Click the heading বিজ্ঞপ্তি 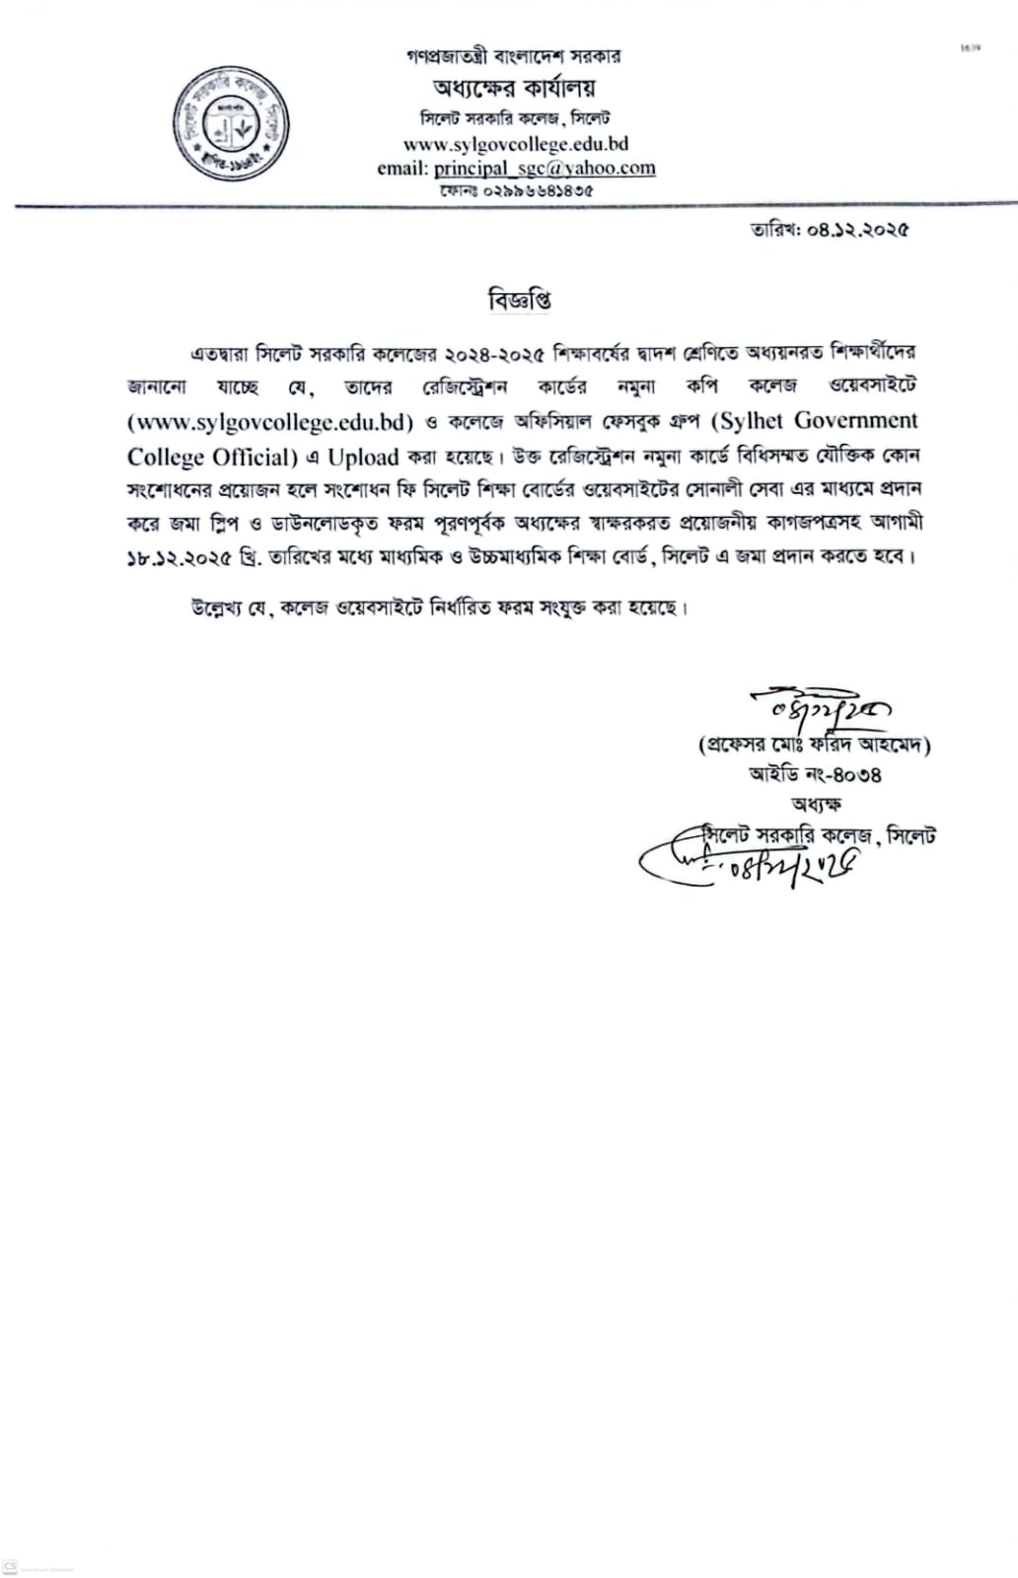coord(519,300)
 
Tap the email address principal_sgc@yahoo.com coord(545,168)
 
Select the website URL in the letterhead coord(516,144)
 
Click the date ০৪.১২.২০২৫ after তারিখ coord(857,231)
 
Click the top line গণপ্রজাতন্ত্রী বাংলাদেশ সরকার coord(514,56)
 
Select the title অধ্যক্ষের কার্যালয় coord(514,88)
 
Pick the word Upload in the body coord(363,458)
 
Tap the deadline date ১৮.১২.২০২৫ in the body coord(180,558)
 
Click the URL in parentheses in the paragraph coord(270,422)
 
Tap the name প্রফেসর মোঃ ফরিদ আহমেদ coord(814,745)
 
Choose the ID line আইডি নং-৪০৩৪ coord(815,775)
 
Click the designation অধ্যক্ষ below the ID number coord(815,805)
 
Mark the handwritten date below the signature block coord(789,868)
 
